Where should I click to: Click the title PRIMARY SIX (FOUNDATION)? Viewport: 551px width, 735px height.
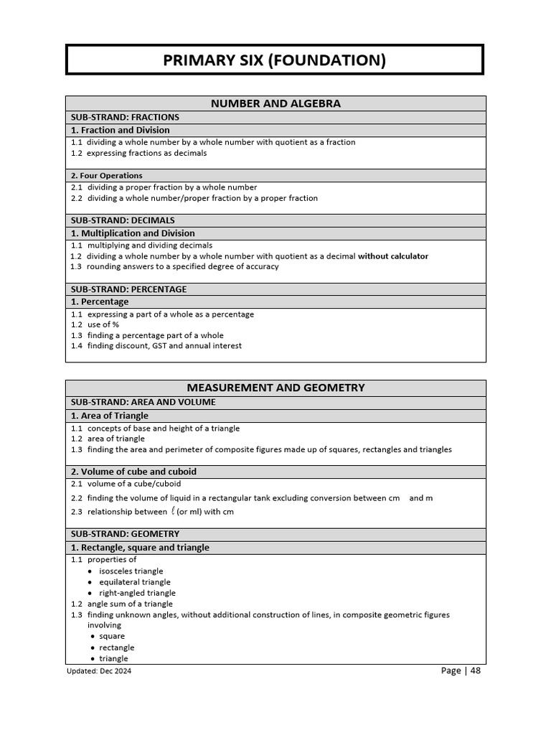click(x=275, y=60)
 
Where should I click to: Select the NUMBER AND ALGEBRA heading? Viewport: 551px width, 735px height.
click(x=275, y=103)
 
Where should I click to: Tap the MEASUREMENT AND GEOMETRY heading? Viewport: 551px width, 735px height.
click(x=275, y=388)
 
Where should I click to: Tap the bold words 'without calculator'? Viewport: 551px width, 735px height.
click(x=393, y=256)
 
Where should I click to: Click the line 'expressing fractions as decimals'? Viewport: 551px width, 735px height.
click(x=147, y=153)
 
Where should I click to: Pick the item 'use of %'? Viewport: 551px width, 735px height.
click(x=103, y=324)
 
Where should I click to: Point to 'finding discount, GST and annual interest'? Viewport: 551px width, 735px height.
click(x=164, y=345)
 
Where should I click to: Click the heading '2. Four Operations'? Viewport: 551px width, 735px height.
click(x=107, y=175)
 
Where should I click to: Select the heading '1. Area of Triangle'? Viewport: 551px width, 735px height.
click(x=110, y=416)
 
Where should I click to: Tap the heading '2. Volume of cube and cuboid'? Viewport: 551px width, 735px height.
click(x=133, y=472)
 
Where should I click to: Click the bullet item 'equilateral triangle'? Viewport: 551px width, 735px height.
click(x=135, y=582)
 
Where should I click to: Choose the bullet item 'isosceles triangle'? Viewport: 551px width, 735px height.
click(x=131, y=571)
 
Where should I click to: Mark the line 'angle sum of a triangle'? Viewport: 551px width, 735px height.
click(x=130, y=604)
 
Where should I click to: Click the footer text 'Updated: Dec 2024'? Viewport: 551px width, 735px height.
click(x=100, y=671)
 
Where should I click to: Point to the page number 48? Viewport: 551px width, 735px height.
click(x=476, y=670)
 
